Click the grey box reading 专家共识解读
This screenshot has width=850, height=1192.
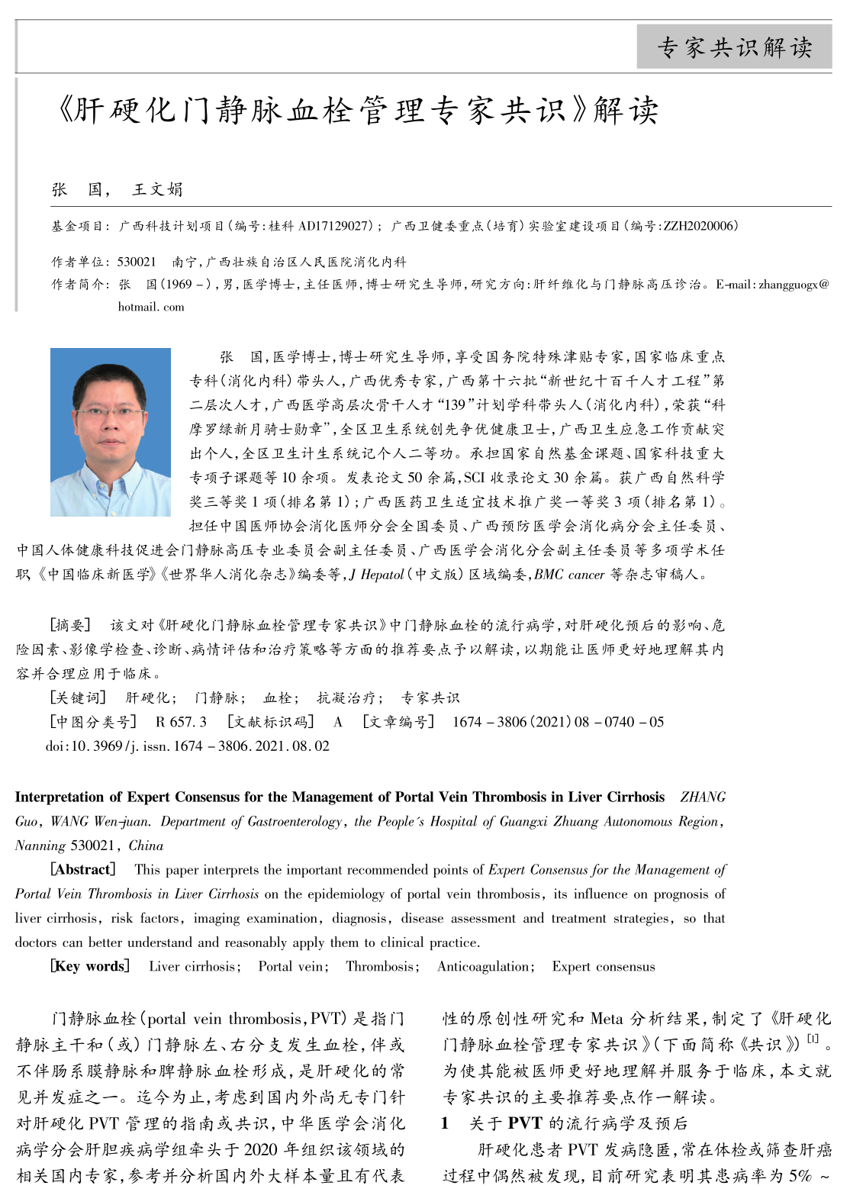coord(734,47)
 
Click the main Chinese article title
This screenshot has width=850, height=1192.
coord(357,111)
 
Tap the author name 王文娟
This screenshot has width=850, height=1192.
coord(157,189)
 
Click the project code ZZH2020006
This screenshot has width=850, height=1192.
coord(700,226)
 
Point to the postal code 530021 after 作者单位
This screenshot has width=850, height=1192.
coord(137,262)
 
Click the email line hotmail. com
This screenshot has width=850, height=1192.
coord(151,307)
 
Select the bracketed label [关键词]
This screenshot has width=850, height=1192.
coord(77,697)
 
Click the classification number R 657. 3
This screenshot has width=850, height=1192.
coord(181,722)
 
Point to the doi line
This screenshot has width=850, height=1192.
coord(188,746)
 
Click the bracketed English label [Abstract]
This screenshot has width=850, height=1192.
coord(82,869)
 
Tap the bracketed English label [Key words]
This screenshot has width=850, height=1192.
coord(90,966)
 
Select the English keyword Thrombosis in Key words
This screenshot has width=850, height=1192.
coord(380,966)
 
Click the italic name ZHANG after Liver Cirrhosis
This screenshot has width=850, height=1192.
coord(703,797)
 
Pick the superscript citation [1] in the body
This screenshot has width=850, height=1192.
coord(812,1039)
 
